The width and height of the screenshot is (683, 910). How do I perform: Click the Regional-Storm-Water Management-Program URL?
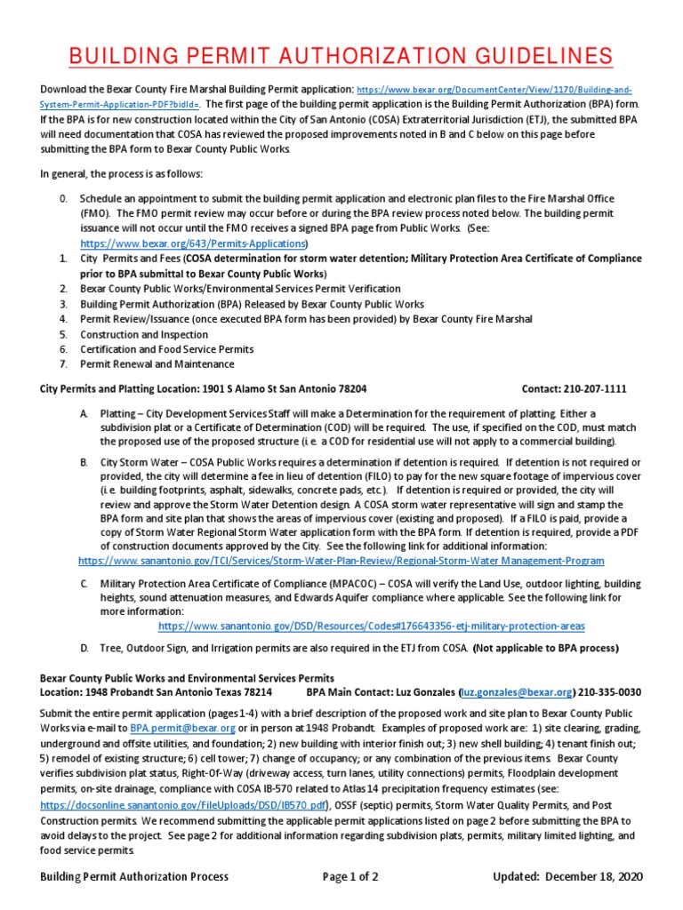click(x=341, y=561)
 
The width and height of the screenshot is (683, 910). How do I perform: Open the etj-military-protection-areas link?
click(x=371, y=625)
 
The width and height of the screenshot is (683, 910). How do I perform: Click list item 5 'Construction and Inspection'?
click(x=144, y=335)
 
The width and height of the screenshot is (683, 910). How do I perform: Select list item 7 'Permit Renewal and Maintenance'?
click(x=157, y=363)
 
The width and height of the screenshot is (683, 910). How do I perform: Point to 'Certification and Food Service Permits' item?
click(x=166, y=349)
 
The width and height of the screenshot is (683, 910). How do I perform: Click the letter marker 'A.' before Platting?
click(x=84, y=414)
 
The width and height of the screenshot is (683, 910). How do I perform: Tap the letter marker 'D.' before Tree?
click(x=84, y=648)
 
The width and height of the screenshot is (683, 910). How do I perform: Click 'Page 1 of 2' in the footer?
click(x=350, y=877)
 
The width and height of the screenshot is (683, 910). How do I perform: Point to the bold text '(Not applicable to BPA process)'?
click(x=544, y=648)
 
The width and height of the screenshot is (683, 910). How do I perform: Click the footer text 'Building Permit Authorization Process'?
click(x=134, y=877)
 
